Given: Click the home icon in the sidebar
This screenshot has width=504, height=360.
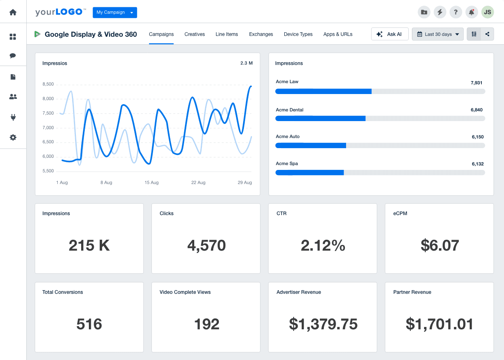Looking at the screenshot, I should coord(13,12).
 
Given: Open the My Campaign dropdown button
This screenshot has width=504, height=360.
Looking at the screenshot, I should coord(115,13).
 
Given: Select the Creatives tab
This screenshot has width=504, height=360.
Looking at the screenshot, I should coord(195,34).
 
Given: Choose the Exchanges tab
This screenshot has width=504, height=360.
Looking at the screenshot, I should coord(261,34).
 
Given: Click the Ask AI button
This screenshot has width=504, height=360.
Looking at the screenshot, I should coord(390,34).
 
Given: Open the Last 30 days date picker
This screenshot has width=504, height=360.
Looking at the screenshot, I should coord(438,34).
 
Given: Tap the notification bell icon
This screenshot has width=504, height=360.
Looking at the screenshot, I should coord(471,12).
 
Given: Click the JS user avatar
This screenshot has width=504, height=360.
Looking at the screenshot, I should coord(487,12).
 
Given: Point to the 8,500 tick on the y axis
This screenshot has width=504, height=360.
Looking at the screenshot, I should coord(48,84).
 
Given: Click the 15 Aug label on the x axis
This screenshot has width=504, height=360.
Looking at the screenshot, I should coord(151,183).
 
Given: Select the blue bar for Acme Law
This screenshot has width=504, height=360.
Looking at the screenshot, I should coord(323,92).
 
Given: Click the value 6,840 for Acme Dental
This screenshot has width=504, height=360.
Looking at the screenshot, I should coord(477,110).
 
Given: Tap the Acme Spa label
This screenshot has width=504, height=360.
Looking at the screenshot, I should coord(287,163).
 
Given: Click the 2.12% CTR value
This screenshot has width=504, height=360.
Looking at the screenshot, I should coord(323,245).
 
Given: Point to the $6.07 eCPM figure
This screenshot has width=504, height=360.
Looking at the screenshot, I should coord(439,245).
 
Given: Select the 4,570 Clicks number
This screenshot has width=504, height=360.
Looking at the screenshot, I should coord(206,245).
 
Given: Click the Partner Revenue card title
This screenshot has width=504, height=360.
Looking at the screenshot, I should coord(412,292).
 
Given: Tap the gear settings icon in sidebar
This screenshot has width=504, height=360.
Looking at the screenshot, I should coord(13,138).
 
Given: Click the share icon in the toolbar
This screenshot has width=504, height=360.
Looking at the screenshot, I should coord(487,34).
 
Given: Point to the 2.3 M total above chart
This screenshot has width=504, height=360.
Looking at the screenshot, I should coord(246,63).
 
